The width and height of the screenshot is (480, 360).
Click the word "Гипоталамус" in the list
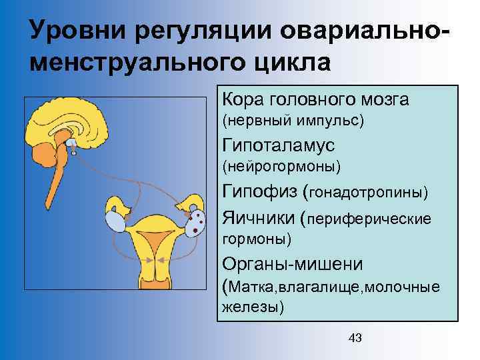tap(279, 145)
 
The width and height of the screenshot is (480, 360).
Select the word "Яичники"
tap(259, 218)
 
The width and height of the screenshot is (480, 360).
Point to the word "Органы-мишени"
tap(293, 263)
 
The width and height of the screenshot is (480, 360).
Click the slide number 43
tap(355, 338)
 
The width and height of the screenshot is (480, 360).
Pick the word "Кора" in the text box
tap(244, 100)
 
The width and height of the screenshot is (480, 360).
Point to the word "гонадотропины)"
tap(369, 193)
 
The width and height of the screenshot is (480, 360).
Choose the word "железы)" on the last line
tap(253, 307)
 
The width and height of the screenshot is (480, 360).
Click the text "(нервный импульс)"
tap(293, 121)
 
